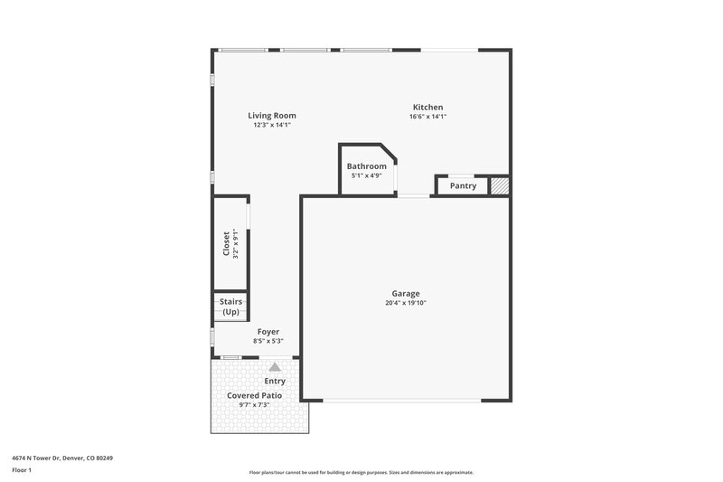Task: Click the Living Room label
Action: (272, 116)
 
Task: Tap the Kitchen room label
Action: (427, 107)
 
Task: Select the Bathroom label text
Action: (367, 166)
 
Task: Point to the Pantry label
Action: (463, 186)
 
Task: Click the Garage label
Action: (405, 294)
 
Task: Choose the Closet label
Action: (226, 244)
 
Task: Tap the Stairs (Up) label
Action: (230, 307)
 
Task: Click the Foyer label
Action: (268, 332)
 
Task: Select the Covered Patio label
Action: (254, 395)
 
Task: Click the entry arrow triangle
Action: (275, 367)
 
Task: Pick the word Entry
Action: (275, 382)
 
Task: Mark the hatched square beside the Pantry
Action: (500, 185)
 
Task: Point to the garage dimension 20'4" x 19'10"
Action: (405, 303)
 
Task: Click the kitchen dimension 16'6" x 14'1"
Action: (427, 117)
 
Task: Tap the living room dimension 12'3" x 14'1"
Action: (272, 125)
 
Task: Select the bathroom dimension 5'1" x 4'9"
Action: (367, 175)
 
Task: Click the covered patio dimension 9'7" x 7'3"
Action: (254, 405)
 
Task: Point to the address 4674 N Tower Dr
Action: (62, 458)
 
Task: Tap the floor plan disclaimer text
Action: (361, 472)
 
